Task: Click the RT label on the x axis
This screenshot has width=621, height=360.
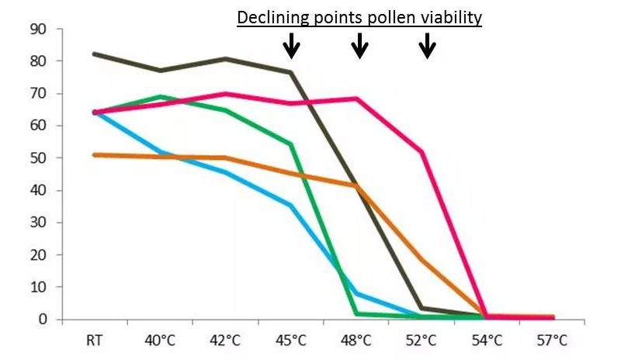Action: [95, 340]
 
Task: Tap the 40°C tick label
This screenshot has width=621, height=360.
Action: [161, 340]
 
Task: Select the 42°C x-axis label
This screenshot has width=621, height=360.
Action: [226, 340]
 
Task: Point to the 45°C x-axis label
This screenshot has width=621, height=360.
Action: [291, 340]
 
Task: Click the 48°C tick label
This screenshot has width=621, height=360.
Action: [356, 340]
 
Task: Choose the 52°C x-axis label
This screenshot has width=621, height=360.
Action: [422, 340]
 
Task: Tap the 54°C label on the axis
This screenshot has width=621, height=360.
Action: [487, 340]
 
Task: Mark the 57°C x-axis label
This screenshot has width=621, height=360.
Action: [552, 340]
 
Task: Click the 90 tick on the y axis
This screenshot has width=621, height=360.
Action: [38, 29]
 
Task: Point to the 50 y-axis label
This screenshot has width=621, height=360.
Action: [38, 158]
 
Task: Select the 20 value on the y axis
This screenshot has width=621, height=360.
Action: [38, 255]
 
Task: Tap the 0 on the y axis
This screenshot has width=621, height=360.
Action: [42, 320]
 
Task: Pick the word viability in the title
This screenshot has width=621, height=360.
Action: [451, 17]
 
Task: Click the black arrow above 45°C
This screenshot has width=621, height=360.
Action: [291, 46]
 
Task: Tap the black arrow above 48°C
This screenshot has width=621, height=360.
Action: [359, 46]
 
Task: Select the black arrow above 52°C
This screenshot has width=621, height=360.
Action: [427, 46]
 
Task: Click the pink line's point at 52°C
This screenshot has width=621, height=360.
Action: [422, 151]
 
